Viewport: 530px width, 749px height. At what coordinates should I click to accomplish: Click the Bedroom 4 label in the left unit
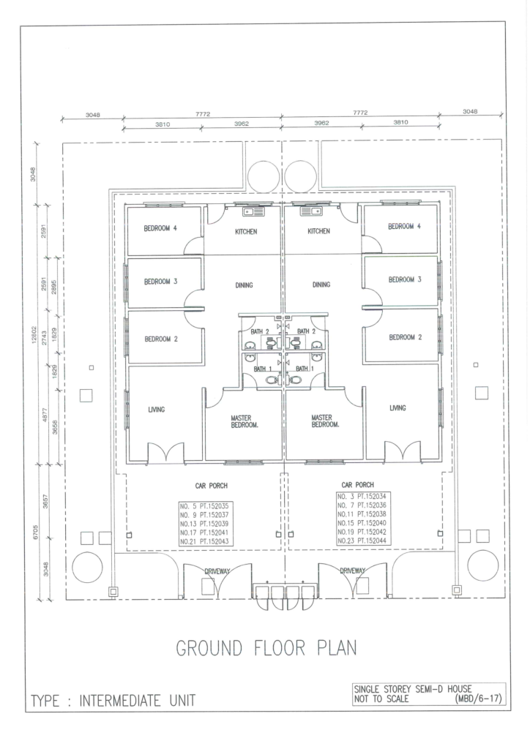(x=160, y=228)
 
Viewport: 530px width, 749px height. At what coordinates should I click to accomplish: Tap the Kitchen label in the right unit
(x=318, y=231)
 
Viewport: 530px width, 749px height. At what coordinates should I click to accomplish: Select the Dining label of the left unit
(x=244, y=285)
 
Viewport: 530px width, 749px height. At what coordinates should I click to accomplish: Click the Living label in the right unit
(x=397, y=408)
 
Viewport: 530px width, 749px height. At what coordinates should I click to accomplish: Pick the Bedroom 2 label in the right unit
(x=406, y=337)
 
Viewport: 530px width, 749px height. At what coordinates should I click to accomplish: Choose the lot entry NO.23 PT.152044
(x=362, y=541)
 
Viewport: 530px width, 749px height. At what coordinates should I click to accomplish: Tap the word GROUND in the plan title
(x=209, y=649)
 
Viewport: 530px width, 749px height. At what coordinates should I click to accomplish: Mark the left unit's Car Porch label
(x=212, y=486)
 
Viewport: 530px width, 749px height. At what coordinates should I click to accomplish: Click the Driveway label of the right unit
(x=353, y=571)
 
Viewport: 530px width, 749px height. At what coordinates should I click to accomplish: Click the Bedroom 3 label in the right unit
(x=405, y=279)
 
